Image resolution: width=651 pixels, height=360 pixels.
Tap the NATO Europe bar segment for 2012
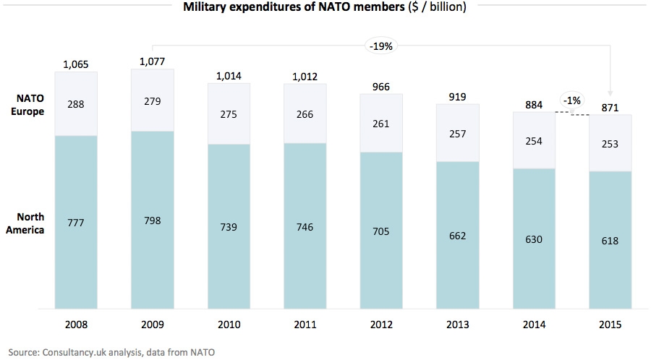tap(381, 123)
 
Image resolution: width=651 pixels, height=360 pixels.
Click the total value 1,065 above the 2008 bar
tap(75, 65)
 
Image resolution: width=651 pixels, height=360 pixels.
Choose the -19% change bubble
tap(382, 46)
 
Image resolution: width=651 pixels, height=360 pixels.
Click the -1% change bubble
tap(571, 100)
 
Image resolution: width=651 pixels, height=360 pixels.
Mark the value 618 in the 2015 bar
tap(610, 241)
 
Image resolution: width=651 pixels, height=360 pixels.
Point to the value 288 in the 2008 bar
tap(75, 104)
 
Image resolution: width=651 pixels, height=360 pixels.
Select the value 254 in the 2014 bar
tap(534, 141)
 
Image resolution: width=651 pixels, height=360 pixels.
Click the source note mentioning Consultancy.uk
tap(108, 352)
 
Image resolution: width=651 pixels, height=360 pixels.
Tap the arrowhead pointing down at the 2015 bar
tap(610, 92)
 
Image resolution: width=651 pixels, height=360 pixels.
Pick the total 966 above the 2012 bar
tap(381, 87)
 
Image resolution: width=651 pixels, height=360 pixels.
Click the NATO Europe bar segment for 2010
tap(229, 114)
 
